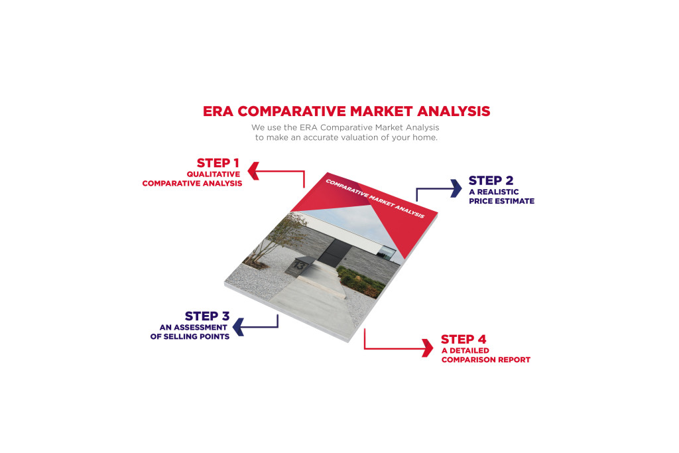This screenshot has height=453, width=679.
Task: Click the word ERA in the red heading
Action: [217, 111]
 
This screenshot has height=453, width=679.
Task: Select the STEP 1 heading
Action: [217, 163]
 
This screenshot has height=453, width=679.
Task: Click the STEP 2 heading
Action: [491, 180]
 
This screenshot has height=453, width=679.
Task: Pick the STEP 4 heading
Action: [463, 340]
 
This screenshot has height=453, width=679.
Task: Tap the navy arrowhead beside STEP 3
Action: [238, 326]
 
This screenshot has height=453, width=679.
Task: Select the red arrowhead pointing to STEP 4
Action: [428, 348]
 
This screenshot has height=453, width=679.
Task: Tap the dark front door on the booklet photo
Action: [331, 256]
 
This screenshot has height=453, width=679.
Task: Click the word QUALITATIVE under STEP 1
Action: [214, 174]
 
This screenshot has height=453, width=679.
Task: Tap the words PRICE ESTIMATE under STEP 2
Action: [501, 201]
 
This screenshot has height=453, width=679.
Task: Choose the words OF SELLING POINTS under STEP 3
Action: [190, 337]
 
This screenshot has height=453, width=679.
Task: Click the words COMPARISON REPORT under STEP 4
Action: [485, 360]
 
